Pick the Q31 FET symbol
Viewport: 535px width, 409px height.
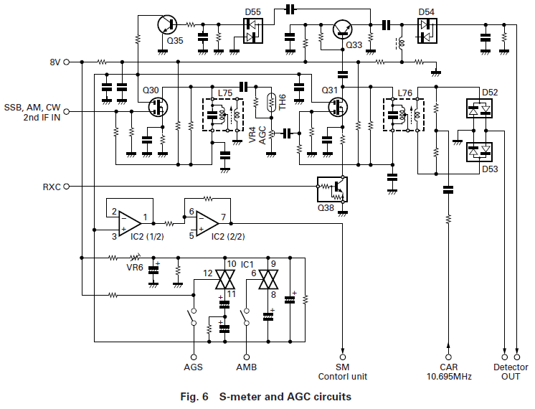tap(336, 108)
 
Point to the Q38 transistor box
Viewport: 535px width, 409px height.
tap(331, 189)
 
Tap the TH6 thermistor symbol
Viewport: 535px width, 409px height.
tap(270, 103)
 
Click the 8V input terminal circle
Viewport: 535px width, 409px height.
tap(67, 62)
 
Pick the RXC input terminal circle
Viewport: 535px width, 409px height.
tap(67, 187)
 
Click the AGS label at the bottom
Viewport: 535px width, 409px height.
tap(194, 367)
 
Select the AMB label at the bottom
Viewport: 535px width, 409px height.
tap(248, 367)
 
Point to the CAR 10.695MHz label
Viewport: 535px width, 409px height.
tap(449, 372)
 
